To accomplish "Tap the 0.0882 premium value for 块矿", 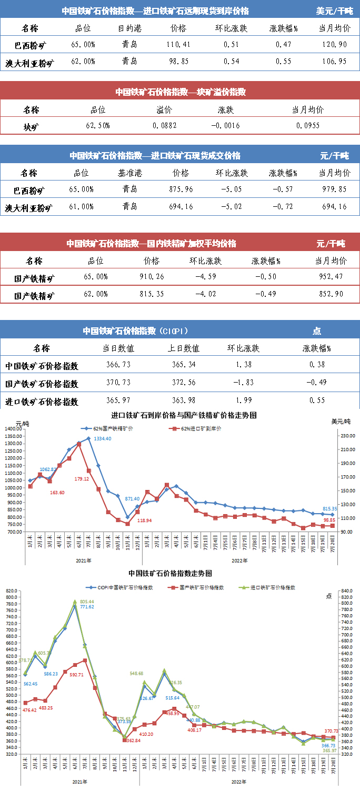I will (x=164, y=126).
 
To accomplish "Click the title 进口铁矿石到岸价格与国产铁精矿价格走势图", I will (x=184, y=415).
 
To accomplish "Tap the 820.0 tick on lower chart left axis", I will (x=10, y=591).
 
